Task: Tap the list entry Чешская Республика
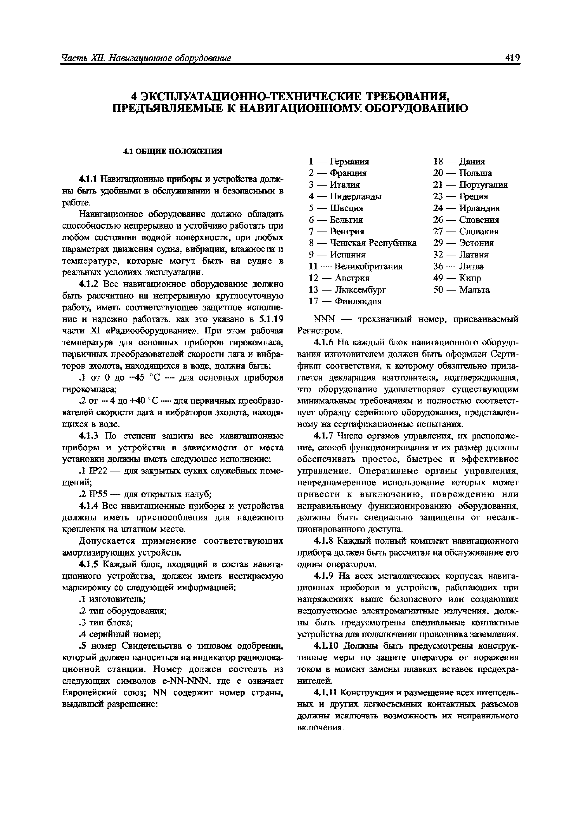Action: point(373,243)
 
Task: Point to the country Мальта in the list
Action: point(474,290)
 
